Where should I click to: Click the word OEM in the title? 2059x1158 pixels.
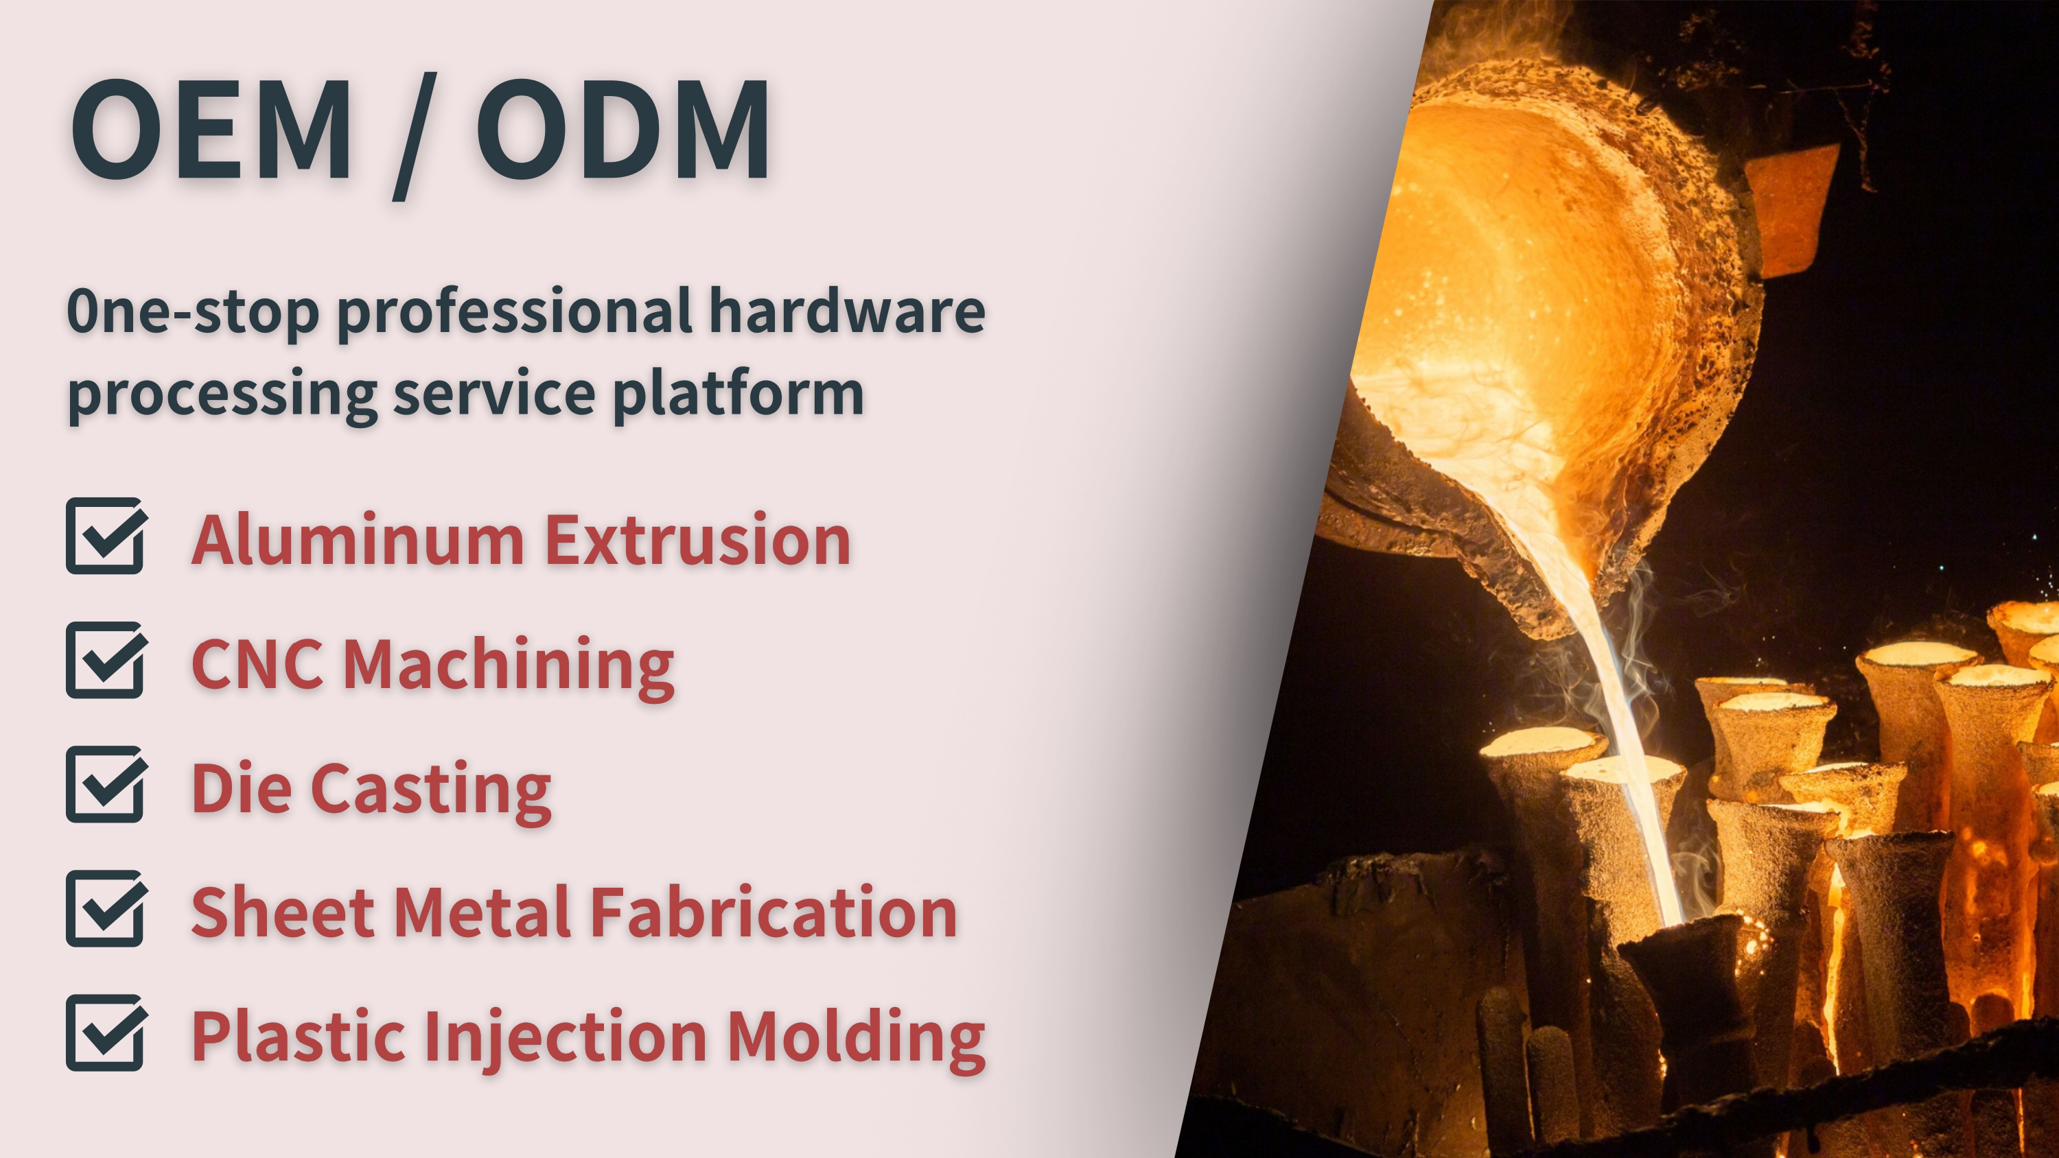click(212, 129)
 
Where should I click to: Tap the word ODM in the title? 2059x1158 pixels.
click(623, 129)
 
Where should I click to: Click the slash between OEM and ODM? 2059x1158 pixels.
click(415, 136)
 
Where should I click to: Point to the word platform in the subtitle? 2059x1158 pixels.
click(738, 393)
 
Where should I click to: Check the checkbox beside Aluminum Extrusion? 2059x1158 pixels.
click(106, 536)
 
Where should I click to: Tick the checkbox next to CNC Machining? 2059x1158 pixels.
click(106, 659)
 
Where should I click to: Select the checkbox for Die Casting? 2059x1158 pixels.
click(106, 784)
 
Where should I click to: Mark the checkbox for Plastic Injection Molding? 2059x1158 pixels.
click(106, 1032)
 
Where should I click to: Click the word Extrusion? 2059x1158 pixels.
click(698, 541)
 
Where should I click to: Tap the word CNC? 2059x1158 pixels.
click(257, 664)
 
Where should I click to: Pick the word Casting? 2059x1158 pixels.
click(431, 790)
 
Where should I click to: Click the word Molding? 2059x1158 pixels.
click(856, 1037)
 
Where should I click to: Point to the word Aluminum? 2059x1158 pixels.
click(358, 541)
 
